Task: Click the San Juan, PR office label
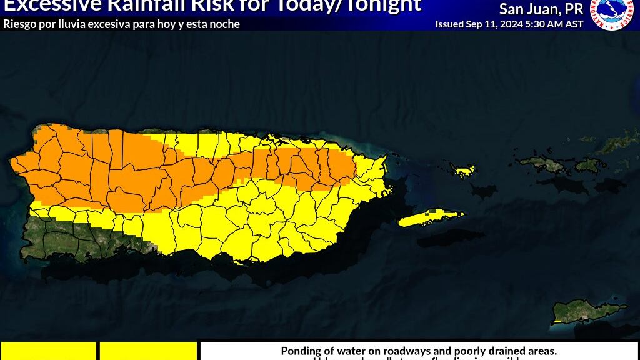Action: (541, 9)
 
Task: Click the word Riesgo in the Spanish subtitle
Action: (19, 24)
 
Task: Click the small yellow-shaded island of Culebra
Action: (464, 169)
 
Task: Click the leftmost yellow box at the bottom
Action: (48, 351)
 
